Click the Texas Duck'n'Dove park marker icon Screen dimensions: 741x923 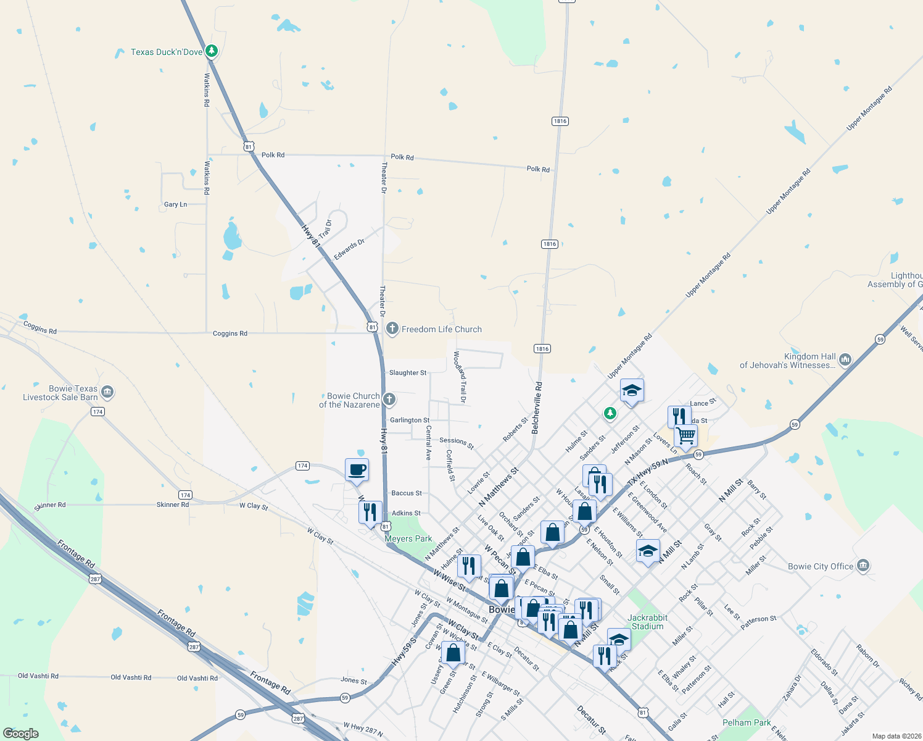pyautogui.click(x=212, y=51)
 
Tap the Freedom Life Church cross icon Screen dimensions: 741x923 pyautogui.click(x=392, y=329)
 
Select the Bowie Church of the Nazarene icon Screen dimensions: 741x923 pyautogui.click(x=389, y=400)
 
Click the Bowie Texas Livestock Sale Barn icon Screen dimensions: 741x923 pyautogui.click(x=107, y=392)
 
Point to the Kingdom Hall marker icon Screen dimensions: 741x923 pyautogui.click(x=845, y=359)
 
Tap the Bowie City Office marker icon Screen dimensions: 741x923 pyautogui.click(x=863, y=565)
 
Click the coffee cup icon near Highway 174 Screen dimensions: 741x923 pyautogui.click(x=357, y=470)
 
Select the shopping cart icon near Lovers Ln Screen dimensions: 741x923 pyautogui.click(x=685, y=436)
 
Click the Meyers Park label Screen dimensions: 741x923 pyautogui.click(x=408, y=538)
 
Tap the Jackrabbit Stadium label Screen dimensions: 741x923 pyautogui.click(x=647, y=622)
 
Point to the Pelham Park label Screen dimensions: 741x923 pyautogui.click(x=747, y=722)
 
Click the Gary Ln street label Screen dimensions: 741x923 pyautogui.click(x=175, y=204)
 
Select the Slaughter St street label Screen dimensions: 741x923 pyautogui.click(x=408, y=373)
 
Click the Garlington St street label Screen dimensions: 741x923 pyautogui.click(x=410, y=420)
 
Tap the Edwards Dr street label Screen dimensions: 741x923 pyautogui.click(x=349, y=249)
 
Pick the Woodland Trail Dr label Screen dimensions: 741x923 pyautogui.click(x=460, y=377)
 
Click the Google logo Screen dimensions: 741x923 pyautogui.click(x=21, y=734)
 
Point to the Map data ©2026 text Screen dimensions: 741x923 pyautogui.click(x=894, y=736)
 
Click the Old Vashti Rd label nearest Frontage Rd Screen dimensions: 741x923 pyautogui.click(x=197, y=678)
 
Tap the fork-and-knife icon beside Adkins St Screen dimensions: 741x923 pyautogui.click(x=370, y=513)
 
